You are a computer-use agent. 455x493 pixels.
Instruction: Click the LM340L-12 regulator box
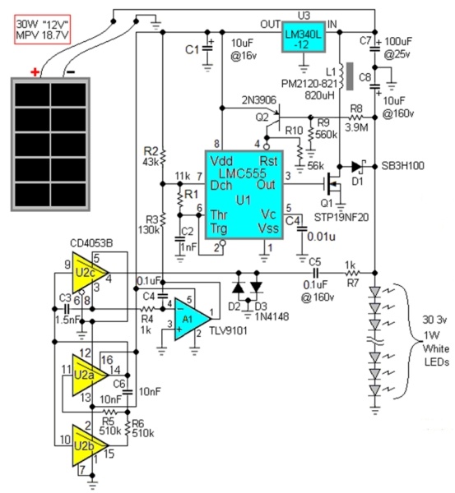[x=304, y=36]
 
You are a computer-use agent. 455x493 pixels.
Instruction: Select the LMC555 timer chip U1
[x=244, y=195]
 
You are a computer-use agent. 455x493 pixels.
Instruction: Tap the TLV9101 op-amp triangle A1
[x=192, y=319]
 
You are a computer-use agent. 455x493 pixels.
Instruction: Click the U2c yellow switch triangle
[x=90, y=273]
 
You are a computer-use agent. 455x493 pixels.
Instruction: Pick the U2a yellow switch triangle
[x=90, y=375]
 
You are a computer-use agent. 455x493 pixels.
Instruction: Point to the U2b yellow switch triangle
[x=90, y=445]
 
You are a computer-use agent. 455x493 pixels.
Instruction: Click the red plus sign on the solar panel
[x=35, y=72]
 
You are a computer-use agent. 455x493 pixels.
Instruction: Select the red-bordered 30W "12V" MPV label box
[x=43, y=29]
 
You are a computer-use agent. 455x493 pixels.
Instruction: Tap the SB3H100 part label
[x=402, y=166]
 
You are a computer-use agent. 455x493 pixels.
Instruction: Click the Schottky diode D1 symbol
[x=358, y=167]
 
